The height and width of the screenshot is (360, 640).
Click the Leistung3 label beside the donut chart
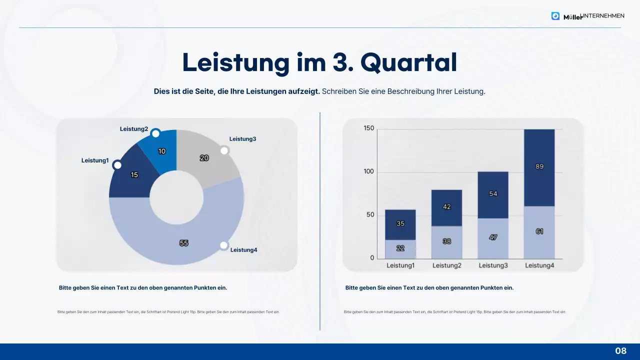coord(242,139)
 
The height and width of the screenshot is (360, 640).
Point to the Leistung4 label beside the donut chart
coord(243,250)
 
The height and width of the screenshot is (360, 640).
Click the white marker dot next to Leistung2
coord(155,133)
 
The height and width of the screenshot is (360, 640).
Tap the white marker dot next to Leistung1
coord(117,165)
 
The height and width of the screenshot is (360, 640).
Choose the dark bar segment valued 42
coord(446,207)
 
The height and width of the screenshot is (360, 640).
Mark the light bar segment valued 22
coord(400,249)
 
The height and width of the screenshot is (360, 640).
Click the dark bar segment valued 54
coord(493,194)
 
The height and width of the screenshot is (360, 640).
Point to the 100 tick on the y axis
coord(368,172)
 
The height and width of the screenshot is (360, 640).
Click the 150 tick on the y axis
coord(368,128)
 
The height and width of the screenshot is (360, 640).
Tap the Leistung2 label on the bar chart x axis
coord(446,265)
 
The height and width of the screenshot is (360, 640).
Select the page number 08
coord(620,351)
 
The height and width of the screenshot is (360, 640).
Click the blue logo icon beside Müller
coord(555,16)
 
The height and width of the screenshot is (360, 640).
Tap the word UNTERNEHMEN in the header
coord(602,16)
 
